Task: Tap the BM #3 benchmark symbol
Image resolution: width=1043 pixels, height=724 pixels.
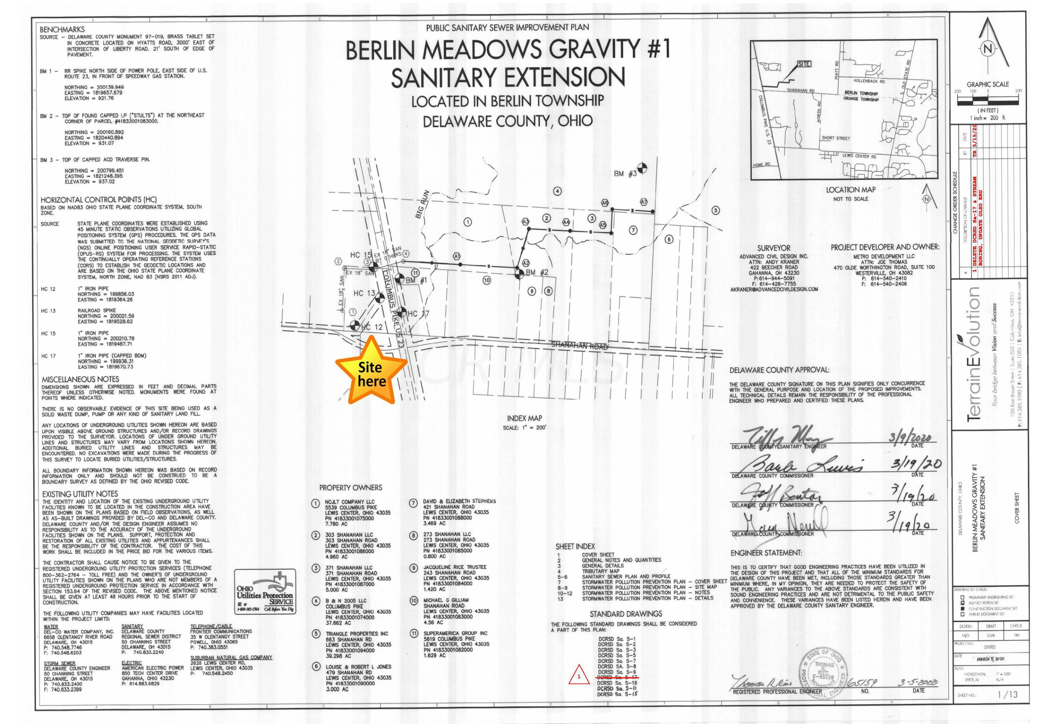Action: (x=642, y=168)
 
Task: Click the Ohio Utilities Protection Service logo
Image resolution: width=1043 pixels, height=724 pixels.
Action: (x=265, y=592)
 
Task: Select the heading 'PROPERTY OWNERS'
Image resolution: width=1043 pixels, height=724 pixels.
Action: (x=350, y=488)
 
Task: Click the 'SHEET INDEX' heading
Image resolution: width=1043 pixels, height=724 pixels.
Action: (x=575, y=547)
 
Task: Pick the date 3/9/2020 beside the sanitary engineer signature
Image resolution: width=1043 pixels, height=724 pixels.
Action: (x=910, y=438)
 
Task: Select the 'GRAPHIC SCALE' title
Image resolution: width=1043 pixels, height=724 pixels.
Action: (x=988, y=84)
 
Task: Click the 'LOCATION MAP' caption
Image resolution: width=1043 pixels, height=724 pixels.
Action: (x=851, y=190)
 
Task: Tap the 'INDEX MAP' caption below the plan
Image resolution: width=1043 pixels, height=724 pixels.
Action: (x=524, y=418)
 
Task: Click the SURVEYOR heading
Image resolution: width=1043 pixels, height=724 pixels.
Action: (x=774, y=248)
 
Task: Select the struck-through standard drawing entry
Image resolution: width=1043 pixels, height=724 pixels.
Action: (x=617, y=677)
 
